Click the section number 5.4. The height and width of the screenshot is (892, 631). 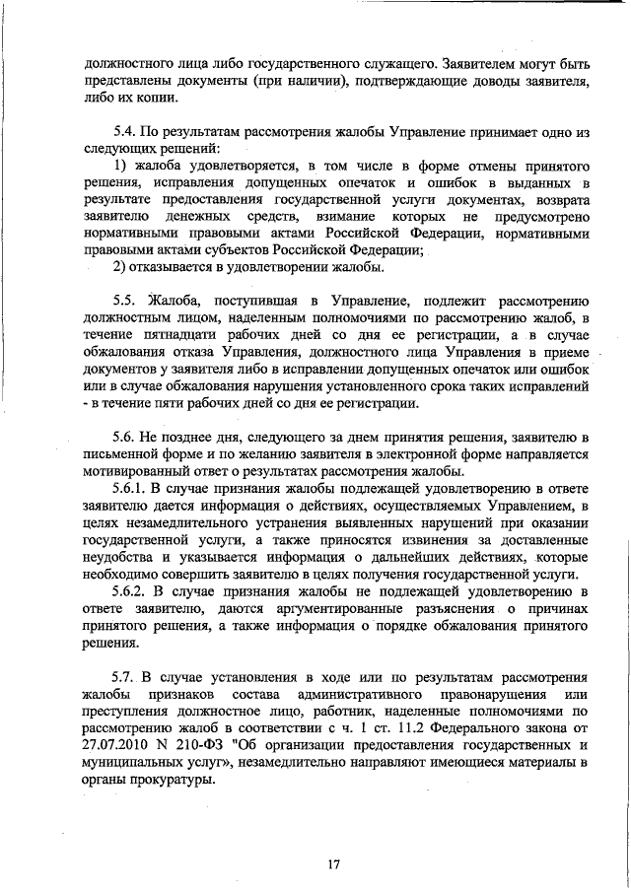click(x=127, y=130)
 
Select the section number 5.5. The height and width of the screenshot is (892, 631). click(x=127, y=300)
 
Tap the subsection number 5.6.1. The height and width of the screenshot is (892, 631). click(x=133, y=486)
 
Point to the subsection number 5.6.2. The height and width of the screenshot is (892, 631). click(x=133, y=591)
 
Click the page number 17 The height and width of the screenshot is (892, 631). click(x=333, y=864)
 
